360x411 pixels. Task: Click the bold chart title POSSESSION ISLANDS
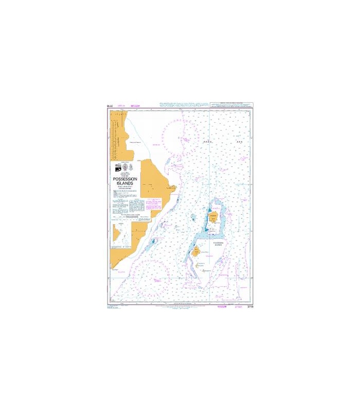click(123, 180)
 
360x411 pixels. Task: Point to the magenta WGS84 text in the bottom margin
click(222, 307)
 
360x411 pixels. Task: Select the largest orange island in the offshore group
click(214, 221)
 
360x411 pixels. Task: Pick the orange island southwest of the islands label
click(196, 252)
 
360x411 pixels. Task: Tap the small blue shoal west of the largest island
click(193, 217)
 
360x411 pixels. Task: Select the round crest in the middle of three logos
click(123, 166)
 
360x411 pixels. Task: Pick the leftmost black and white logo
click(116, 167)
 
